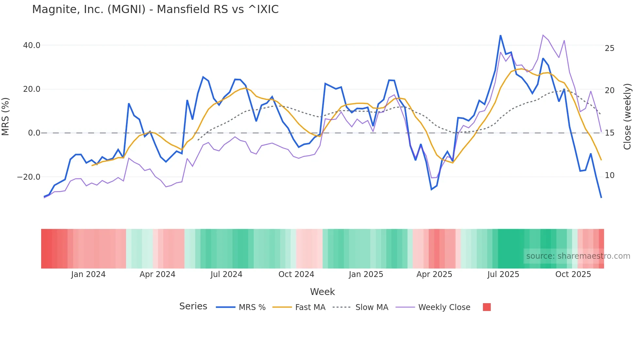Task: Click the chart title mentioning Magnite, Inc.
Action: coord(155,9)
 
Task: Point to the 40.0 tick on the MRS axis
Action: coord(32,45)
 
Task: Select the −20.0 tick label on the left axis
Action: coord(29,177)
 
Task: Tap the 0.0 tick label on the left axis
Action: coord(34,133)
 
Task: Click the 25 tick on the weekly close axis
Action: coord(610,48)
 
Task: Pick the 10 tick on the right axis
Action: coord(610,175)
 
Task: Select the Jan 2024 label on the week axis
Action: coord(88,274)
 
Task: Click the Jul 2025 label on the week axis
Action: coord(503,274)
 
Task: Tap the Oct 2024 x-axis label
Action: coord(296,274)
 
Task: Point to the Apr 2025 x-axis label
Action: coord(434,274)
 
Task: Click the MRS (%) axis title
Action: coord(6,117)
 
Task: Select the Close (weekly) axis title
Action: coord(627,117)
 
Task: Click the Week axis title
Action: coord(322,292)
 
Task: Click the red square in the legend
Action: coord(487,307)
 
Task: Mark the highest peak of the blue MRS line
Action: coord(500,35)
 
